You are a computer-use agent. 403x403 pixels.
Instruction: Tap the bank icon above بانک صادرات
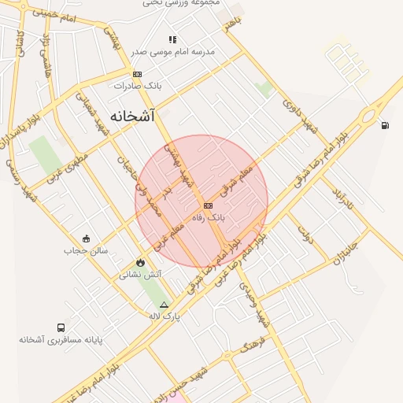(x=138, y=74)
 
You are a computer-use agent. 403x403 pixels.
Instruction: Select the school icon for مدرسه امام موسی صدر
(x=172, y=39)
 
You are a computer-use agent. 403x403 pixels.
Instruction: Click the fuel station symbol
(x=384, y=124)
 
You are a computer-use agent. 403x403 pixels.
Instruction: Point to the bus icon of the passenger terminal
(x=61, y=327)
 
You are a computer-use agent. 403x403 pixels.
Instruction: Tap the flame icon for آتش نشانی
(x=140, y=262)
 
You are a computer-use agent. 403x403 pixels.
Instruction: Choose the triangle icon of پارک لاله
(x=164, y=304)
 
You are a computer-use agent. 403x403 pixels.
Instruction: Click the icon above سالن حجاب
(x=86, y=238)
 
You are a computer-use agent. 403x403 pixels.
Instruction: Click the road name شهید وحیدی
(x=260, y=304)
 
